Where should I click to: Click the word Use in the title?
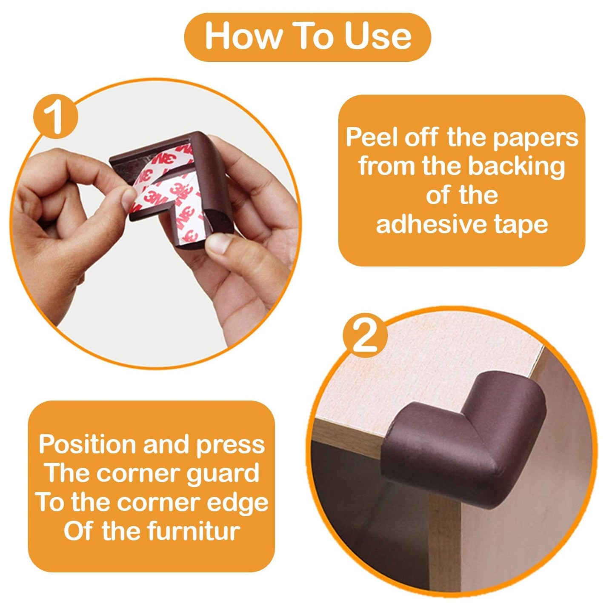pos(378,37)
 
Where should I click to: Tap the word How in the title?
pos(243,37)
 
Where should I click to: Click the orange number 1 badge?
pos(56,116)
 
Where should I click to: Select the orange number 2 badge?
pos(365,335)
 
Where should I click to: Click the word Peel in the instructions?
pos(372,137)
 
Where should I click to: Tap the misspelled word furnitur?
pos(193,532)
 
